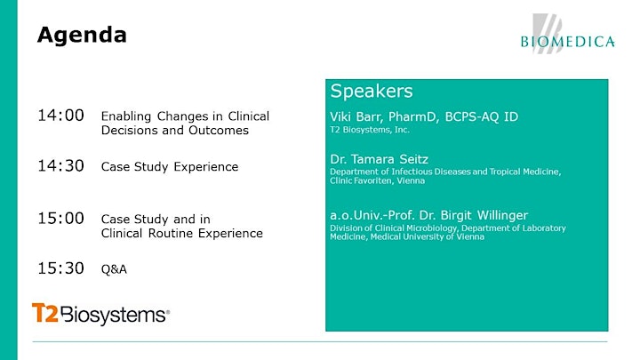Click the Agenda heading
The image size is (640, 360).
(x=82, y=36)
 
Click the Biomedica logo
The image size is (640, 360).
(x=568, y=35)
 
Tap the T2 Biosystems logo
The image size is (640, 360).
(x=100, y=314)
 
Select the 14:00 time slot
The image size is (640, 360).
(x=60, y=116)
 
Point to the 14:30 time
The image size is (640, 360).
(x=60, y=166)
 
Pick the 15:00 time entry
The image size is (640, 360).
(x=60, y=219)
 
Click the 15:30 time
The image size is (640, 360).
(x=60, y=268)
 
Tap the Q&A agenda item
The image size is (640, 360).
(x=114, y=269)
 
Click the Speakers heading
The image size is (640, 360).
(x=372, y=91)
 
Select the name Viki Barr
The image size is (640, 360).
(x=356, y=116)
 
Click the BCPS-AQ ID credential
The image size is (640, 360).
(x=482, y=116)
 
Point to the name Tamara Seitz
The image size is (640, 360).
(x=390, y=159)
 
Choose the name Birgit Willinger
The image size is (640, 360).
(x=484, y=215)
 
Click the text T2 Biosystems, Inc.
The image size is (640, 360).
(x=370, y=130)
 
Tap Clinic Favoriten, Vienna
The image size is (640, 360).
(x=377, y=180)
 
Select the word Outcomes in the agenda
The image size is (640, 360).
(x=219, y=131)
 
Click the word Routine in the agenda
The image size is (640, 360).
(x=172, y=234)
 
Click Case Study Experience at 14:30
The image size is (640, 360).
(x=170, y=167)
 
